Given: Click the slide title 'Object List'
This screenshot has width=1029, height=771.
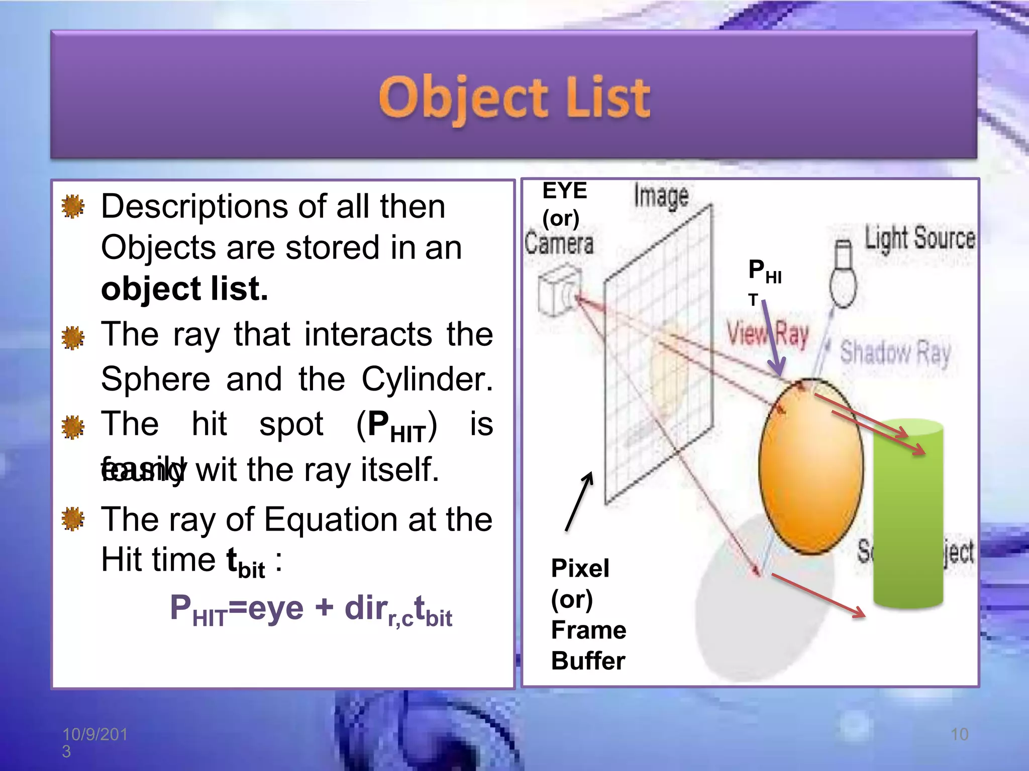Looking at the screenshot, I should coord(514,98).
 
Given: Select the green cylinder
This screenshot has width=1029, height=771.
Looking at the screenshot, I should coord(908,517).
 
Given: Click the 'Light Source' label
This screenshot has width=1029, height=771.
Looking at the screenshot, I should coord(919,238).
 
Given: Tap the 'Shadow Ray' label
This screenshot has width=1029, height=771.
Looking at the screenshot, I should coord(895,353).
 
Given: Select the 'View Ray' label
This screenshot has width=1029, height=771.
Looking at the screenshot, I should coord(768,334).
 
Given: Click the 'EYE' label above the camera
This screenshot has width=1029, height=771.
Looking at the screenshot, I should coord(564,191).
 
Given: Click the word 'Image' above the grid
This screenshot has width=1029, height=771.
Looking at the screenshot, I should coord(661,195).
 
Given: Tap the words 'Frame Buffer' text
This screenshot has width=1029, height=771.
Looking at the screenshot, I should coord(588,645).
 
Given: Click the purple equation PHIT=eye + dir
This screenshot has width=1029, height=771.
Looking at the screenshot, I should coord(311,609).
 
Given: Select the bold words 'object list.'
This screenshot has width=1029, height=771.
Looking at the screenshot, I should coord(184,289).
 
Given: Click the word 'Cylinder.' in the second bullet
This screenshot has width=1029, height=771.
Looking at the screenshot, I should coord(427,379).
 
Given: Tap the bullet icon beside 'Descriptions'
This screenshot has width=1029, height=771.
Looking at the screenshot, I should coord(73,206).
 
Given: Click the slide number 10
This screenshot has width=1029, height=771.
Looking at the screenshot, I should coord(959,734).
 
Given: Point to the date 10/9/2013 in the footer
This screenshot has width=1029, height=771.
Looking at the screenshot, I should coord(94,741).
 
